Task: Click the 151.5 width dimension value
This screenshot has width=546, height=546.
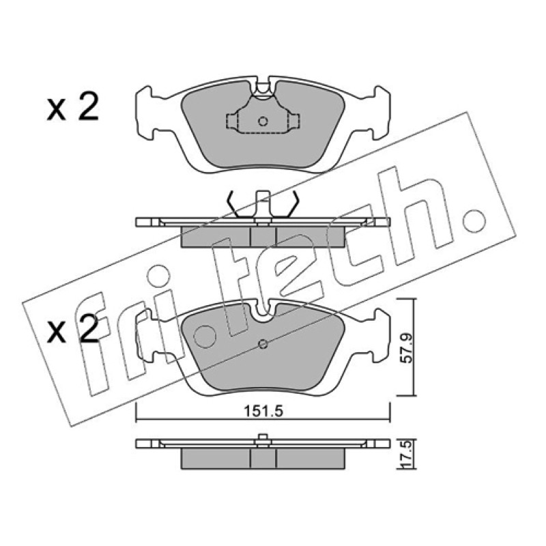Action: [x=263, y=412]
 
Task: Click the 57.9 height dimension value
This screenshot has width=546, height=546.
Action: [x=406, y=348]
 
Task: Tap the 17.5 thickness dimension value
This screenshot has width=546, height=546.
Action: [x=406, y=454]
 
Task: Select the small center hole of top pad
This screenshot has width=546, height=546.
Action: [x=263, y=121]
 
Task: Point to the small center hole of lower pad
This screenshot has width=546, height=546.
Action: [x=263, y=344]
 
